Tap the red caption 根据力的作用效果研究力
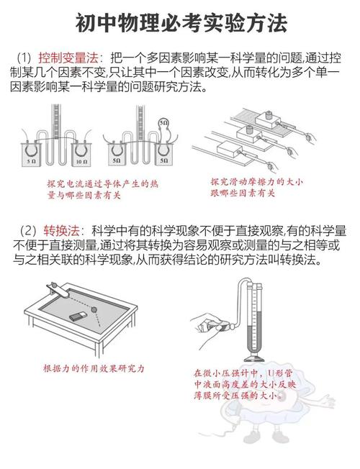point(94,368)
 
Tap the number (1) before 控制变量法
point(24,57)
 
